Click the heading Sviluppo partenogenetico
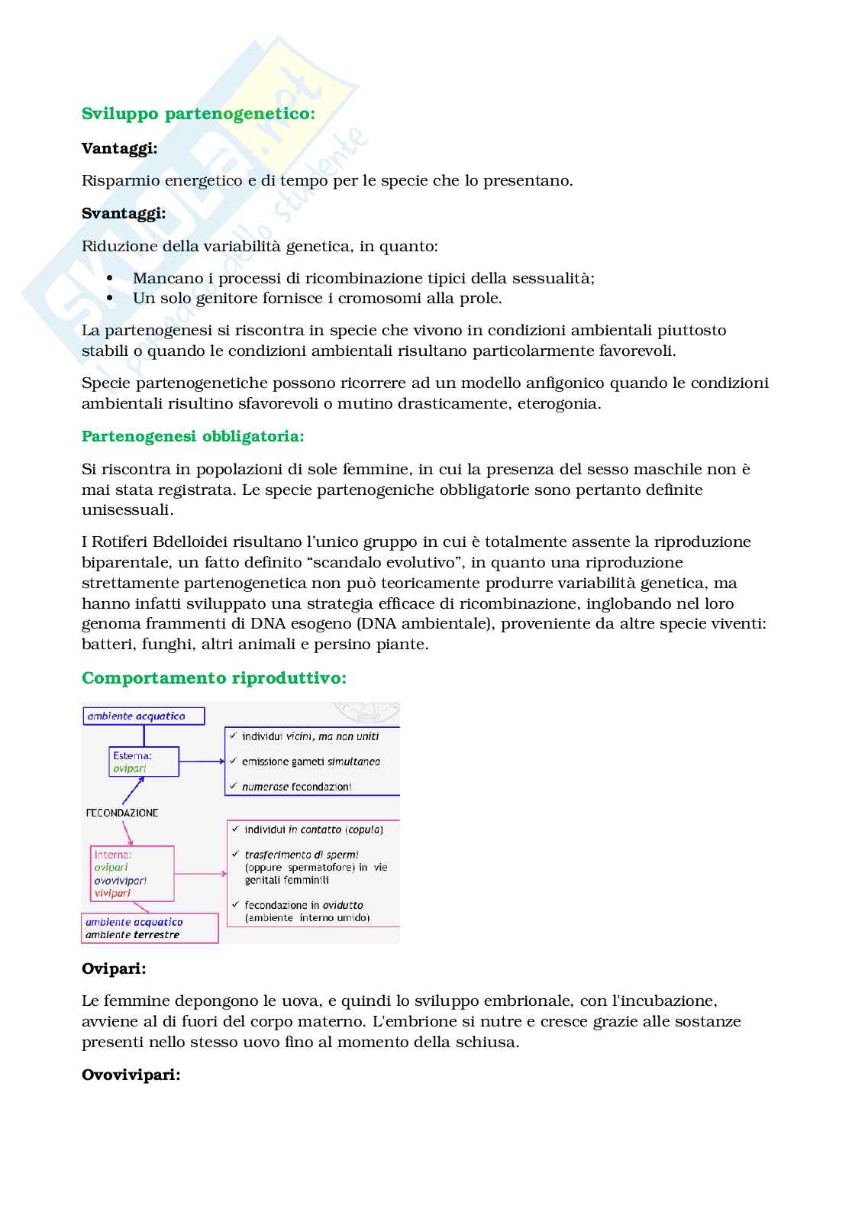pos(198,114)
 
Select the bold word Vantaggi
pos(119,148)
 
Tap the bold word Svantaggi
pos(124,213)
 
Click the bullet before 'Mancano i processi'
pos(110,278)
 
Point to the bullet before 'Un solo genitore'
pos(110,298)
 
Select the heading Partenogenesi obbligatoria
pos(192,436)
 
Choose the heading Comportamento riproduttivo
pos(214,678)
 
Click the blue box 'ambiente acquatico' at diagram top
pos(144,716)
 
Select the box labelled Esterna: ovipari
pos(144,761)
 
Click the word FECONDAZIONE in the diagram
pos(122,813)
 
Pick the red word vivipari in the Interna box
pos(112,893)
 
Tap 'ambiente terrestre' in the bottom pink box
pos(132,935)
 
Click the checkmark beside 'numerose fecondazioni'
pos(234,786)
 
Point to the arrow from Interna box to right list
pos(201,873)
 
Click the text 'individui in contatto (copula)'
pos(313,829)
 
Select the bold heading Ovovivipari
pos(131,1075)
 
